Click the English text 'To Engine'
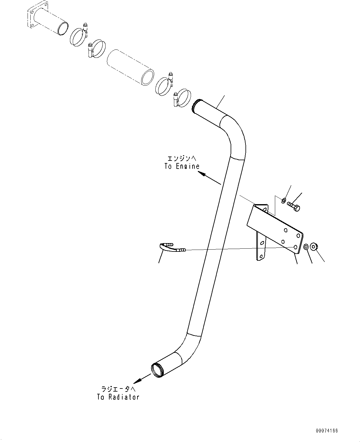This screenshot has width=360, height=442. tap(182, 166)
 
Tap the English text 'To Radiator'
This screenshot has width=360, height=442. tap(118, 397)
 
